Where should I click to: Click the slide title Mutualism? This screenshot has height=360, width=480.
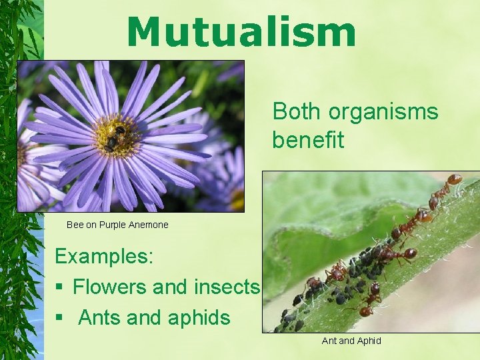click(241, 32)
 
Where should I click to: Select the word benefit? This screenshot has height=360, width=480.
click(307, 140)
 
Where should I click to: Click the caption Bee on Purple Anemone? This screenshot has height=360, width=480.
click(117, 225)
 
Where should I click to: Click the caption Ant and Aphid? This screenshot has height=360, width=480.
click(351, 341)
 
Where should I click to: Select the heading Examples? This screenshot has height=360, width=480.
click(103, 256)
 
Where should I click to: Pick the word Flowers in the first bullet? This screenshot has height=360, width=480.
click(109, 287)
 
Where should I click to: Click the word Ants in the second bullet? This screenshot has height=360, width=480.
click(99, 317)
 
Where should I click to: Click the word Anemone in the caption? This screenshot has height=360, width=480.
click(149, 225)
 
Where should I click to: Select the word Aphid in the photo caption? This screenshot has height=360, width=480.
click(369, 341)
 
